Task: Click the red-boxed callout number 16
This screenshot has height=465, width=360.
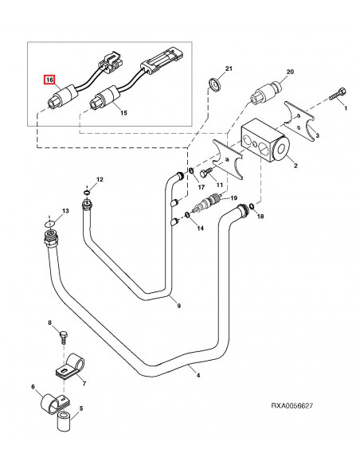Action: pos(49,80)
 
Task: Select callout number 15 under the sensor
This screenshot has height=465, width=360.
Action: pos(123,114)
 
